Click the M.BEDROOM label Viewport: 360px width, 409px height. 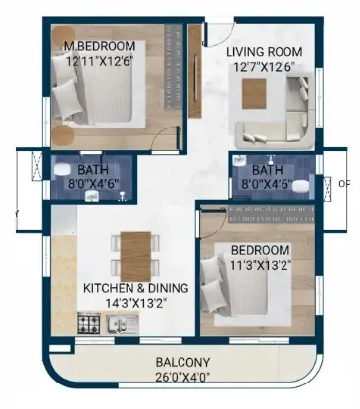coord(99,46)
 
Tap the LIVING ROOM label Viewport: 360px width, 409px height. coord(264,52)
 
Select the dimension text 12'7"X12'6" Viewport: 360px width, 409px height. coord(264,67)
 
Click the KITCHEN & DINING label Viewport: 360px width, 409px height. coord(136,288)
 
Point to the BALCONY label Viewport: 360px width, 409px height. coord(182,363)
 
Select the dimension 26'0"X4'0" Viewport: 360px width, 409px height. coord(182,378)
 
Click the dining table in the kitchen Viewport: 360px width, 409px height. coord(135,257)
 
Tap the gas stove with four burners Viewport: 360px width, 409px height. coord(89,324)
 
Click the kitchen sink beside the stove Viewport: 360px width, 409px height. coord(123,325)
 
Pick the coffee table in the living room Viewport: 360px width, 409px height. coord(254,94)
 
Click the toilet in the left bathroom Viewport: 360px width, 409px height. coord(62,169)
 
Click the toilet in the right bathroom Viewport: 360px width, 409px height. coord(300,186)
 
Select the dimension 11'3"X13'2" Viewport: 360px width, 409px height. coord(261,265)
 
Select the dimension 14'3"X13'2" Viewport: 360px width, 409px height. coord(136,303)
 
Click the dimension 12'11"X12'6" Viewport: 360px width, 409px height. coord(99,61)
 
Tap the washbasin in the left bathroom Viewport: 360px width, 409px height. coord(92,196)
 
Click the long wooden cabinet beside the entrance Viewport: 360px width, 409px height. coord(195,71)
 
